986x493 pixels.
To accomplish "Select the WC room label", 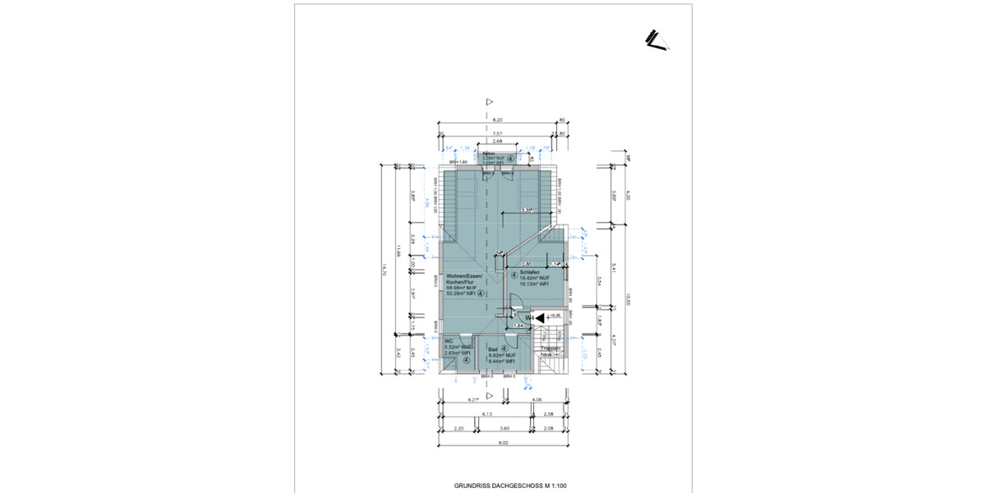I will tap(449, 341).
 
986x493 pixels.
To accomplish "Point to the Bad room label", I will tap(493, 349).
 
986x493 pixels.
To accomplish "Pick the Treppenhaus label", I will tap(551, 350).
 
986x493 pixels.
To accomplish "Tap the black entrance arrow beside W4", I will tap(541, 316).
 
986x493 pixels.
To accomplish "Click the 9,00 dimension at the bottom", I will tap(504, 442).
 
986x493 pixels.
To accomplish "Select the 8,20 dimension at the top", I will tap(497, 120).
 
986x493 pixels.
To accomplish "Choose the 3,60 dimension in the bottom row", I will tap(505, 428).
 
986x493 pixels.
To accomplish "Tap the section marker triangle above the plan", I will tap(489, 102).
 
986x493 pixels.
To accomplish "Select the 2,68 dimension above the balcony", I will tap(497, 142).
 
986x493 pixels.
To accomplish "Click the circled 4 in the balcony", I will tap(510, 159).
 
